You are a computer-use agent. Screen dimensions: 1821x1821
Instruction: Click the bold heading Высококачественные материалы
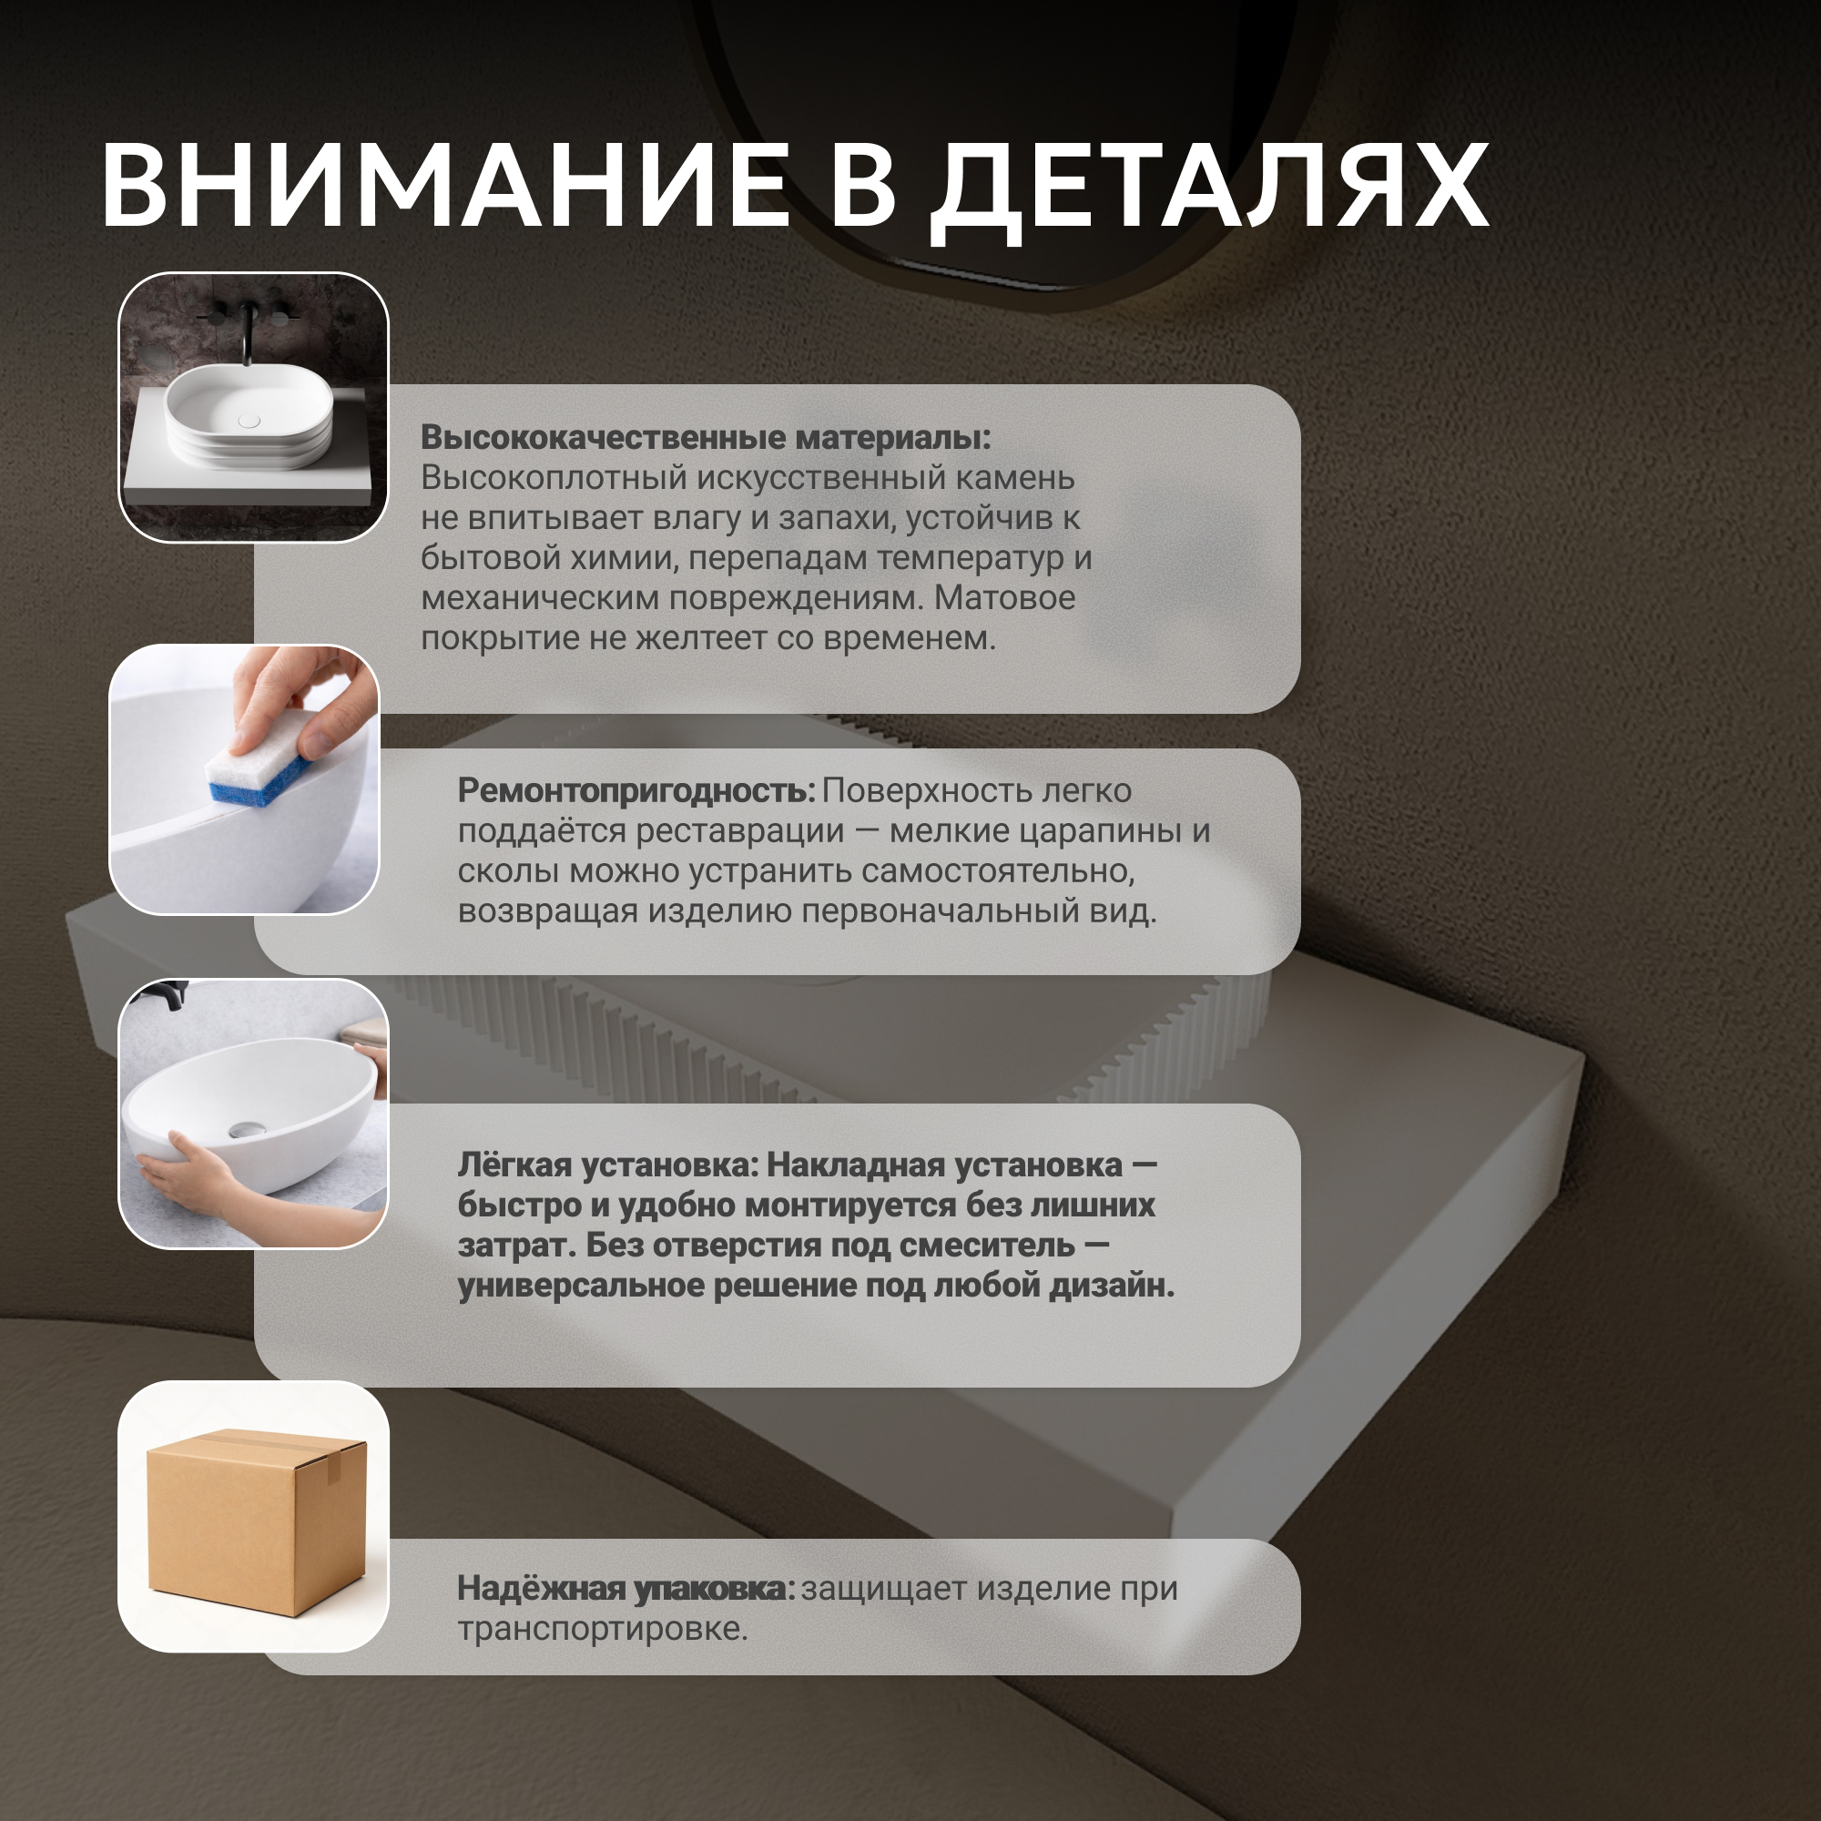[706, 437]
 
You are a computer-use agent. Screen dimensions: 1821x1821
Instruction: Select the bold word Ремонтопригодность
[636, 791]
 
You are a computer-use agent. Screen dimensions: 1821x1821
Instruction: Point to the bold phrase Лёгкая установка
[608, 1165]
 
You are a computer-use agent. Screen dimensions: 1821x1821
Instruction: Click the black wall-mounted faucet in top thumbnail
[248, 329]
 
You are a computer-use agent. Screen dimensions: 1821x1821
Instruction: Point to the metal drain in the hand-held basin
[249, 1130]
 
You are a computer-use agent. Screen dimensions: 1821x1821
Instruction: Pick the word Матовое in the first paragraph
[1005, 597]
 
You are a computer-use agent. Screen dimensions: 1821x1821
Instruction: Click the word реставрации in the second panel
[740, 832]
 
